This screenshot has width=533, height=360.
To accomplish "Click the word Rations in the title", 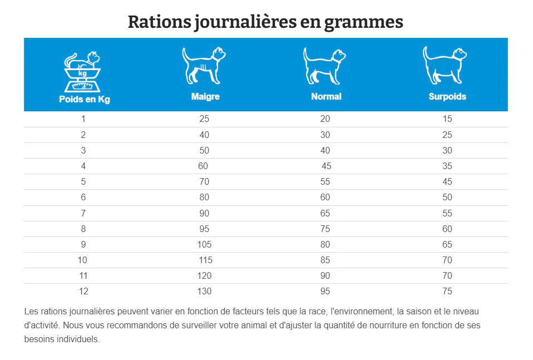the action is coord(160,22).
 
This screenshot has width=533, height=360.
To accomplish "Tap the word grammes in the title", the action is coord(363,23).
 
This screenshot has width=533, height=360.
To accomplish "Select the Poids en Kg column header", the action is coord(85,99).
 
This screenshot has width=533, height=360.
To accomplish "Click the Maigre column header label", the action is coord(205,97).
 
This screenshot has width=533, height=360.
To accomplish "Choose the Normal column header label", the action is coord(327,97).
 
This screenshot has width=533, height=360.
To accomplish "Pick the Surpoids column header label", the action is coord(447,97).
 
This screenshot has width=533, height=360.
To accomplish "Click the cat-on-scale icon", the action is coord(82,72).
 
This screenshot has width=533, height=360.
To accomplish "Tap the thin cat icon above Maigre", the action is coord(204,65).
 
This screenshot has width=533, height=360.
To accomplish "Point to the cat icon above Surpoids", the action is coord(445,65).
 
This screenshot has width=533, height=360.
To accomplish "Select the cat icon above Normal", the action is coord(324,66).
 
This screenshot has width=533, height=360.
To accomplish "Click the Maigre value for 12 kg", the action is coord(204,292).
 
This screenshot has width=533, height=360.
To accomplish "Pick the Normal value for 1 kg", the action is coord(325,119).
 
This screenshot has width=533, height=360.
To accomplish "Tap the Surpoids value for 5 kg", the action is coord(447,181).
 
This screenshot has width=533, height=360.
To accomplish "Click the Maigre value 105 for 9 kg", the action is coord(204,244).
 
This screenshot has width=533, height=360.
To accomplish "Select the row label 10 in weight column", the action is coord(82,260).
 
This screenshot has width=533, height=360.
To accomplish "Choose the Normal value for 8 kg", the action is coord(325,229).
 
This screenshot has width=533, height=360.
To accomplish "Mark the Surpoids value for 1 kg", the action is coord(447,119).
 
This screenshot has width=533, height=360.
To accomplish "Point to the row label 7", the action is coord(83,213).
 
